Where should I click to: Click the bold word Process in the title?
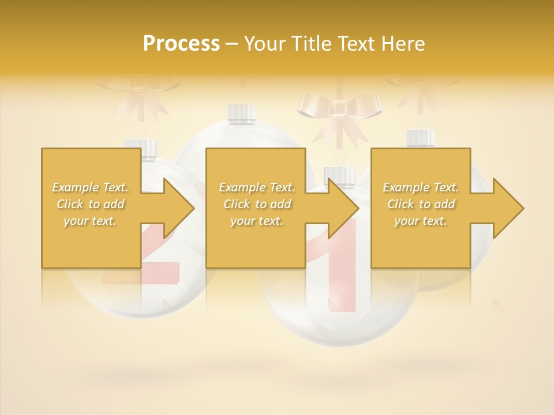click(181, 43)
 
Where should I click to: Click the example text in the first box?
click(91, 204)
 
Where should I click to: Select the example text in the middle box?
click(256, 204)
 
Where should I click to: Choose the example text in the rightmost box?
click(421, 204)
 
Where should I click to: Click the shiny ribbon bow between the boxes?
click(339, 110)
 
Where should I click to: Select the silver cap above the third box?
click(421, 139)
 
